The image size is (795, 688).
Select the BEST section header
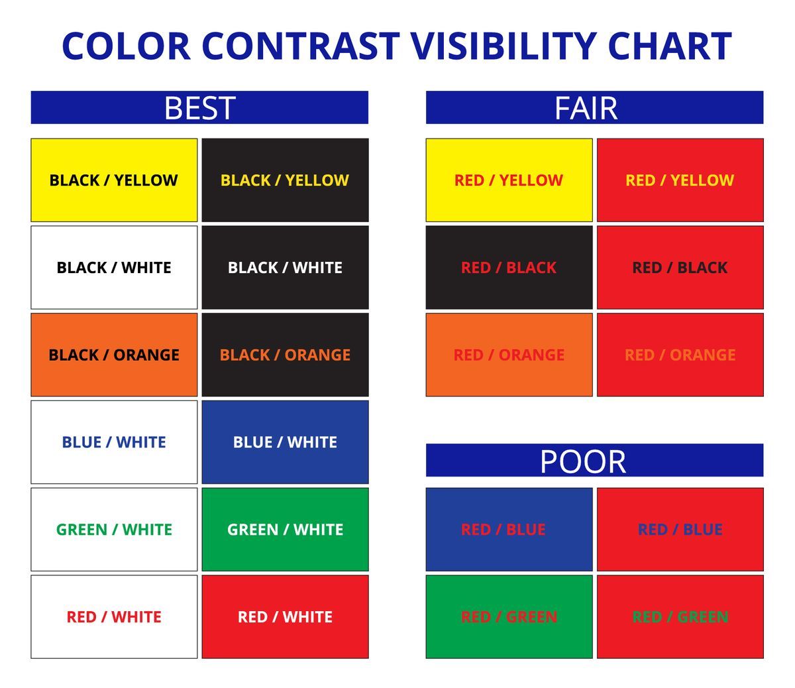(199, 107)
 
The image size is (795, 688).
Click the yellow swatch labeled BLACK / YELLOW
(114, 180)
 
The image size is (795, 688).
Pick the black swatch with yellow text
(285, 180)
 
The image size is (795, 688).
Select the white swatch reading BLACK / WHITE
(114, 267)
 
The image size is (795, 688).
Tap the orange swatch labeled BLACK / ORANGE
(114, 355)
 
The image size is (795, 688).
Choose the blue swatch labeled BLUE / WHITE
(285, 442)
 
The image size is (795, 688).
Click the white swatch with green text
(114, 530)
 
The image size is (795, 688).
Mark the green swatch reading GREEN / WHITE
(285, 530)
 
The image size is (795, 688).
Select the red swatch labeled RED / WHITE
(285, 616)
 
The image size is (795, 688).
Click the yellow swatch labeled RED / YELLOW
(509, 180)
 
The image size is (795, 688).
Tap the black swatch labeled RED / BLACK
(509, 267)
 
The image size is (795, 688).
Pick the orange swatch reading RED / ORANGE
(509, 355)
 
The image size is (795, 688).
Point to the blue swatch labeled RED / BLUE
(509, 530)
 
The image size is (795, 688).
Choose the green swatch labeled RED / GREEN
(509, 616)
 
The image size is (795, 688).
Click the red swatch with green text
(680, 616)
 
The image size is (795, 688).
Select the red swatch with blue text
(680, 530)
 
